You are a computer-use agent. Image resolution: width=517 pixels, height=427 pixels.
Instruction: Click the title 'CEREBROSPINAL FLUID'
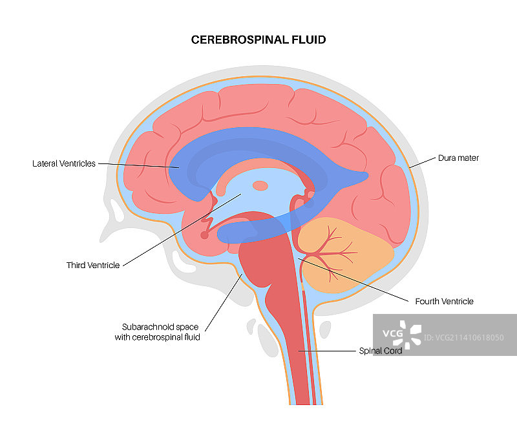coord(258,40)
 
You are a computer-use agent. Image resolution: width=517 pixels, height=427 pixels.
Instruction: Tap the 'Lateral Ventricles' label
coord(64,164)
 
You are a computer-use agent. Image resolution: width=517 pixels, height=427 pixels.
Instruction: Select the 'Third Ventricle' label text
coord(93,266)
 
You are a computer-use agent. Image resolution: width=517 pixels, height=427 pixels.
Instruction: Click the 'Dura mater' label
coord(458,158)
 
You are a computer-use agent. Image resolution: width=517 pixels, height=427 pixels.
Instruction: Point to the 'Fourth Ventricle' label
coord(444,302)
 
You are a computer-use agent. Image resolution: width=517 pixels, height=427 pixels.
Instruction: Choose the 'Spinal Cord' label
coord(381,351)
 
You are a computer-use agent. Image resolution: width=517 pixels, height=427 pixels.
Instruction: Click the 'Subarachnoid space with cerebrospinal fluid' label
coord(161,331)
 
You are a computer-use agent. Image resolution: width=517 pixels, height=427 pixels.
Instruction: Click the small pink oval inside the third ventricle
coord(260,186)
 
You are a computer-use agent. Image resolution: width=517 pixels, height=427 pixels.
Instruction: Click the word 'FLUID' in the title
coord(308,40)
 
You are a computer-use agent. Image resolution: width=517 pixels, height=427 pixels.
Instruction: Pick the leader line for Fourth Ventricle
coord(355,279)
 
